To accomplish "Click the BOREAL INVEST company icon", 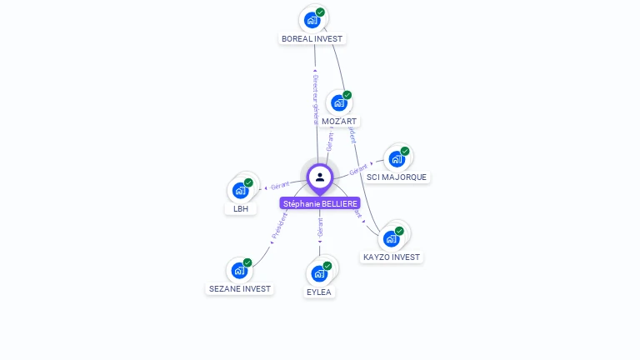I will tap(312, 19).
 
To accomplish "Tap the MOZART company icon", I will tap(338, 102).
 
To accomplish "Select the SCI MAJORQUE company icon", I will tap(397, 158).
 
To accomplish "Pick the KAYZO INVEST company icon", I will tap(391, 238).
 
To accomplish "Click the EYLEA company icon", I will tap(319, 272).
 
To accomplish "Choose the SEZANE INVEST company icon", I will tap(239, 270).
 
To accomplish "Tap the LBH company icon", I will tap(241, 190).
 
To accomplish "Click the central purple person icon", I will tap(320, 177).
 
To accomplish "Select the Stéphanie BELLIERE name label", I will tap(321, 203).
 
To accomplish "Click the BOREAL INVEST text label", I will tap(312, 39).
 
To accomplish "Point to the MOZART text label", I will tap(339, 122).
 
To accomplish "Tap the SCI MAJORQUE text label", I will tap(397, 177).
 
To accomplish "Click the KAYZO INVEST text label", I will tap(392, 257).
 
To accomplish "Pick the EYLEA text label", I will tap(319, 292).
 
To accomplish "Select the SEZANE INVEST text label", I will tap(240, 289).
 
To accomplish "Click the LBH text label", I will tap(241, 209).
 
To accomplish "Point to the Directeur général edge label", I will tap(315, 99).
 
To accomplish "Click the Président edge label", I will tap(280, 227).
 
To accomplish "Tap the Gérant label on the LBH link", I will tap(279, 184).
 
